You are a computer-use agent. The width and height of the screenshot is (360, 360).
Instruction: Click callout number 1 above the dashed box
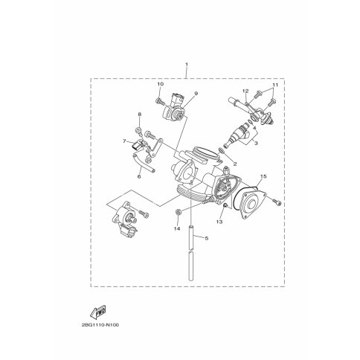[x=187, y=64]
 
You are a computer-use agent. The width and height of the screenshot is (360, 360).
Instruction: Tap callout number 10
[x=161, y=84]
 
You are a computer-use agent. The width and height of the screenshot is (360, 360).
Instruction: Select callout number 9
[x=196, y=93]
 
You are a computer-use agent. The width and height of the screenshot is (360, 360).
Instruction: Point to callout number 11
[x=274, y=85]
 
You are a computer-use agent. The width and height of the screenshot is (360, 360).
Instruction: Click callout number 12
[x=245, y=91]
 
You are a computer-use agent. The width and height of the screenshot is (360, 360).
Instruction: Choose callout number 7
[x=124, y=141]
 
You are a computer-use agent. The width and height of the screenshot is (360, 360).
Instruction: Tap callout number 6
[x=139, y=176]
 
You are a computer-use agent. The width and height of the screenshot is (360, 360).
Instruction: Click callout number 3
[x=256, y=143]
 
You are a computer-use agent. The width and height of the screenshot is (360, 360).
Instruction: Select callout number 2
[x=235, y=164]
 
